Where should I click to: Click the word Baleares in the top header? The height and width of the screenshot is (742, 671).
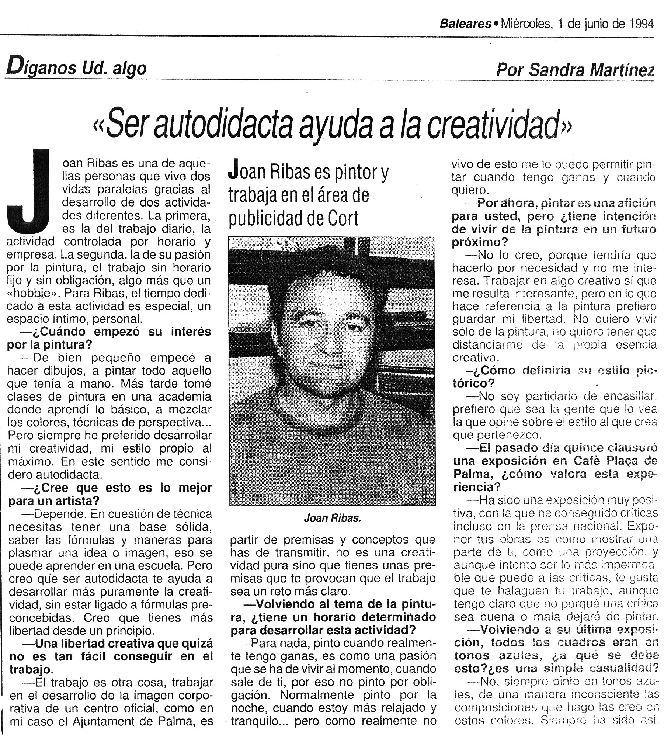click(x=465, y=24)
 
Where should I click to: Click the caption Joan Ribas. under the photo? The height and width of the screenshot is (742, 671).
click(x=332, y=518)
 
